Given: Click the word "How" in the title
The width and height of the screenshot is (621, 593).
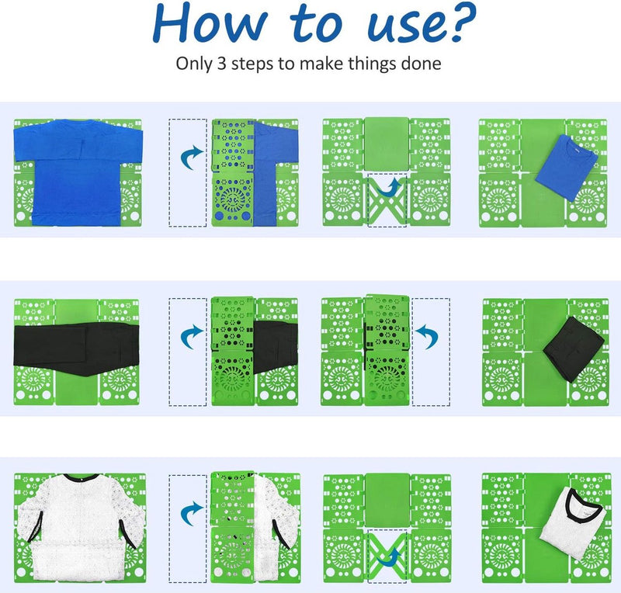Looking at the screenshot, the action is tap(210, 23).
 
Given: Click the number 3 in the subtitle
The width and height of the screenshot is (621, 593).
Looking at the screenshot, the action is tap(221, 64).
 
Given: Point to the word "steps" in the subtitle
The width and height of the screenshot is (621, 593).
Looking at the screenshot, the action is tap(252, 64).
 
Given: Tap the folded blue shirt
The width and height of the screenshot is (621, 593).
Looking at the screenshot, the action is tap(566, 167).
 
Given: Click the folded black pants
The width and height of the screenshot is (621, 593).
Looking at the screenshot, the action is tap(573, 349).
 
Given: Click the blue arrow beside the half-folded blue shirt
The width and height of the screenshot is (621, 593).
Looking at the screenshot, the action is tap(192, 157).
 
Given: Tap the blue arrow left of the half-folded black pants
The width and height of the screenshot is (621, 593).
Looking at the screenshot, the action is tap(192, 336).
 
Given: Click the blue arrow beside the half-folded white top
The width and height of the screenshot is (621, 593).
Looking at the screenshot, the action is tap(192, 513).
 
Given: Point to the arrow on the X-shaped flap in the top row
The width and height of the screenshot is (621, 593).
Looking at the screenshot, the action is tap(390, 189).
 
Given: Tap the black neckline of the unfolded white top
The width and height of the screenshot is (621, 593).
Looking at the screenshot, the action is tap(82, 477).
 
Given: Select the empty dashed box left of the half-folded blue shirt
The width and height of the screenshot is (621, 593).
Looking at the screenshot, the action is tap(188, 173).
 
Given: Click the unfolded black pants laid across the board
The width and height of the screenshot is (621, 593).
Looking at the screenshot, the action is tap(76, 348).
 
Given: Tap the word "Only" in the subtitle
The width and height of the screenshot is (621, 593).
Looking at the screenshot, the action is tap(193, 64).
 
